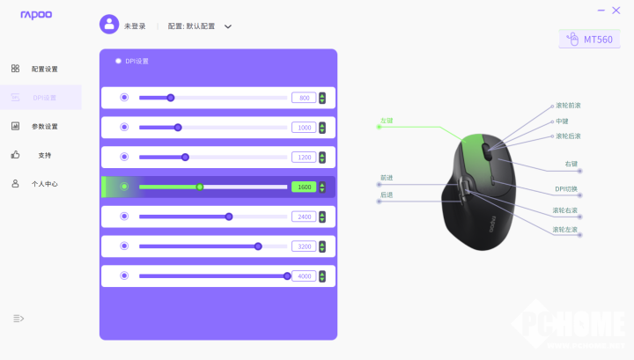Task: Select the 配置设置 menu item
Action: click(x=44, y=69)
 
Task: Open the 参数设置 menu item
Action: click(x=44, y=127)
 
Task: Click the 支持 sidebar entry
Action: click(x=44, y=156)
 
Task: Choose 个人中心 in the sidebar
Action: click(x=44, y=185)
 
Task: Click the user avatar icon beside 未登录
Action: click(x=109, y=26)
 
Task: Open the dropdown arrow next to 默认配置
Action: click(x=228, y=26)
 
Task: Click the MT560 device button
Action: click(x=589, y=40)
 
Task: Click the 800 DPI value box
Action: click(x=304, y=98)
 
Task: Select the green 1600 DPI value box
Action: click(x=304, y=187)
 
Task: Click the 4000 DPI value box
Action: click(x=304, y=276)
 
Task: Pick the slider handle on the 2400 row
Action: click(x=229, y=217)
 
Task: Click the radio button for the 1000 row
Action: click(x=124, y=128)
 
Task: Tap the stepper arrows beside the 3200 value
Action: click(x=322, y=246)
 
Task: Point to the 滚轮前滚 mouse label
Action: click(x=568, y=106)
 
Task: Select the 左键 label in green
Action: click(x=386, y=121)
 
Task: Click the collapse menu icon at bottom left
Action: click(x=18, y=318)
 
